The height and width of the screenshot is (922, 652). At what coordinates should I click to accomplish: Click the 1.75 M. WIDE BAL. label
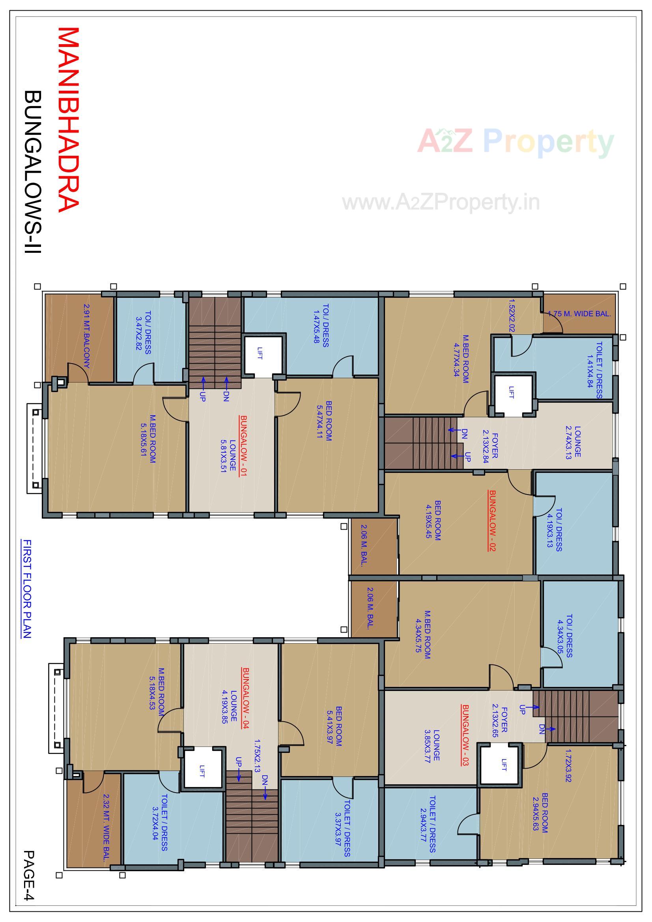tap(579, 314)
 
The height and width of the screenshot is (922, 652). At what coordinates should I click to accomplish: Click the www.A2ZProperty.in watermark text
tap(441, 202)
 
